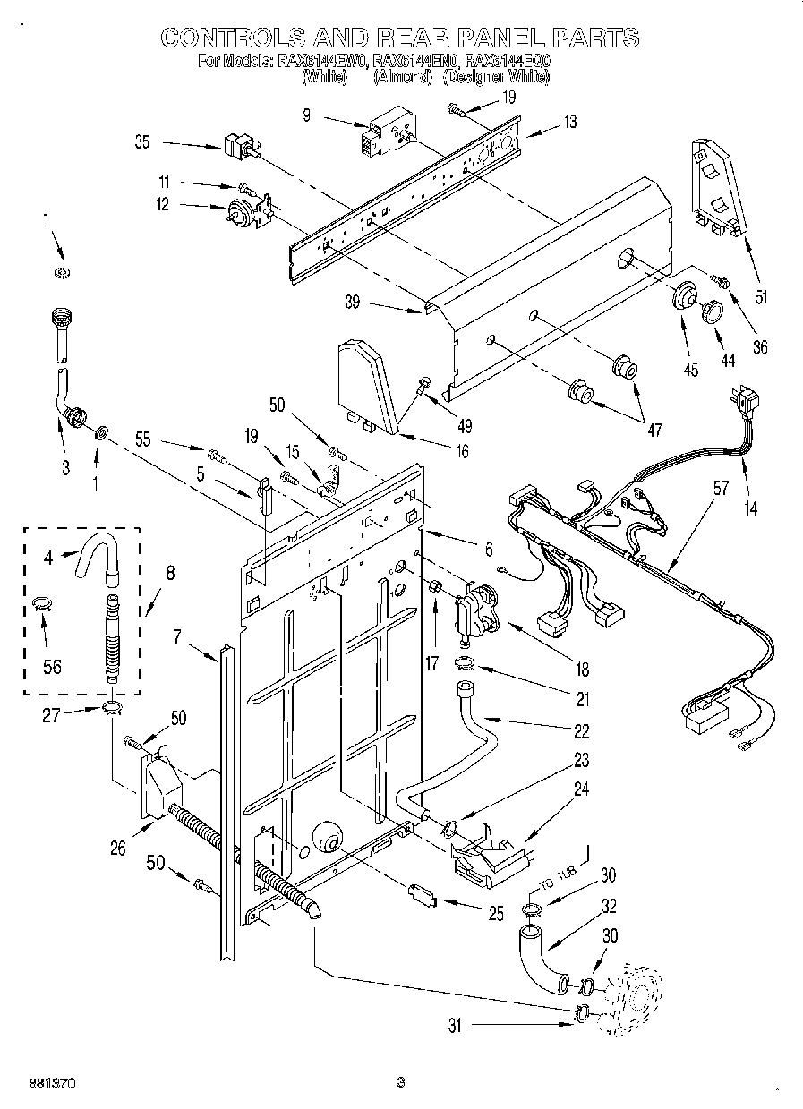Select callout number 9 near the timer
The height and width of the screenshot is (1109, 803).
coord(307,115)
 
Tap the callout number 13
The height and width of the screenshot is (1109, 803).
coord(569,123)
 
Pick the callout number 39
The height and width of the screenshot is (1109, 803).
coord(352,302)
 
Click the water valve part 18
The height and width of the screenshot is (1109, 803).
coord(479,608)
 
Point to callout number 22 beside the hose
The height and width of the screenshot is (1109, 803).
coord(582,730)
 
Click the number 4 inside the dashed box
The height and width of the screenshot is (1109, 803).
coord(47,559)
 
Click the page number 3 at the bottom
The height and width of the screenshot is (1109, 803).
coord(401,1082)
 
